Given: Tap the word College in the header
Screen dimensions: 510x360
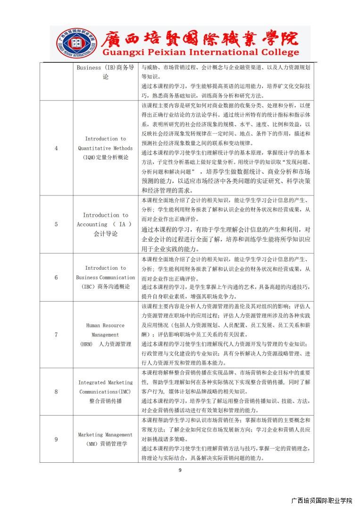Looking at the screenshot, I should pos(279,52).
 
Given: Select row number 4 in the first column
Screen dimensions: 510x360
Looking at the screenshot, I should pos(56,148).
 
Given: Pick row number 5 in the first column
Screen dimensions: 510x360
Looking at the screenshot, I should pos(56,224).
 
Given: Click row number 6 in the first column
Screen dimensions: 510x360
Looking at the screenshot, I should pos(56,277).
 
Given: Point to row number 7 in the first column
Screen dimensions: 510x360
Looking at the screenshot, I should pos(56,335).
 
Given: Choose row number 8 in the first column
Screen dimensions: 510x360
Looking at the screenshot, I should pos(56,391).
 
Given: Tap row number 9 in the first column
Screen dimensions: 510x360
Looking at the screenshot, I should pos(56,439).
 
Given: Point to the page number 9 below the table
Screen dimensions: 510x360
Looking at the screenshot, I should pos(180,470).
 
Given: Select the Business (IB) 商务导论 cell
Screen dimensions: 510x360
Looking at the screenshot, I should pos(105,72).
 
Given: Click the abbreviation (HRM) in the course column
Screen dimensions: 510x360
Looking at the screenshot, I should pos(86,344).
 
